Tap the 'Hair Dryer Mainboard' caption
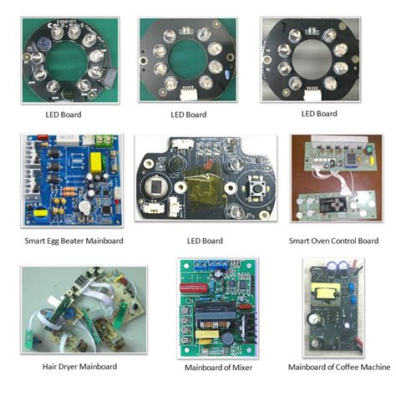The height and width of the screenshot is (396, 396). [79, 366]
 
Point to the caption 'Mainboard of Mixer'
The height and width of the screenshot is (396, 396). [219, 367]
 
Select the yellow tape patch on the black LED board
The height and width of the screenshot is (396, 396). [202, 183]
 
